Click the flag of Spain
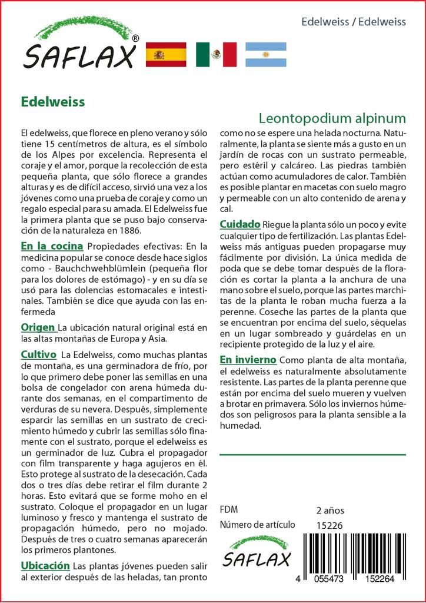coord(165,55)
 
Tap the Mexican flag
coord(216,55)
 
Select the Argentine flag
coord(266,55)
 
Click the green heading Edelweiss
coord(53,101)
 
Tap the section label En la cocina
coord(52,246)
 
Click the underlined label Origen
coord(38,327)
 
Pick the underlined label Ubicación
coord(45,566)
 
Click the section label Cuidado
coord(240,224)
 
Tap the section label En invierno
coord(248,359)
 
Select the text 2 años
coord(330,510)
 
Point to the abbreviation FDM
coord(229,510)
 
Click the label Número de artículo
coord(257,525)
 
